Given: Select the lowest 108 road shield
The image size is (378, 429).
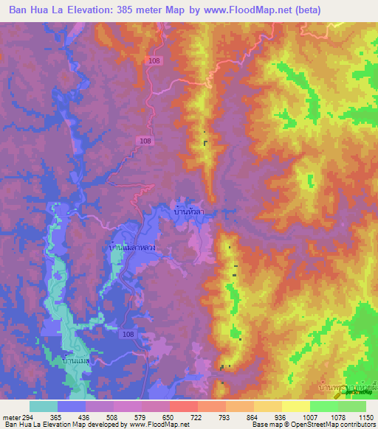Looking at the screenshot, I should click(x=129, y=334).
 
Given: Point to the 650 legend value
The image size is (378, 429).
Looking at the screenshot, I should click(x=156, y=416).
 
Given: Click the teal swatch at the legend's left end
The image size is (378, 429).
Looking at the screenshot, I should click(x=44, y=406).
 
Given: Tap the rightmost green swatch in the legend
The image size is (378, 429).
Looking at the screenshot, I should click(x=351, y=406).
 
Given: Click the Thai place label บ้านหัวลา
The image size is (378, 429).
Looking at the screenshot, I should click(x=188, y=212).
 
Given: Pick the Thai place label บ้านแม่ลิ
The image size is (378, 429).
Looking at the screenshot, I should click(x=77, y=360).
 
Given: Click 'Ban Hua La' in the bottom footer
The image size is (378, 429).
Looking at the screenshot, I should click(x=22, y=425).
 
